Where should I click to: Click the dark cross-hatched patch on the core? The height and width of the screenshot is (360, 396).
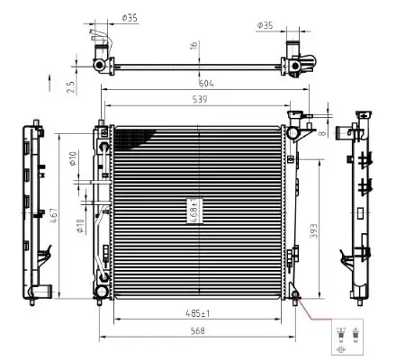point(130,138)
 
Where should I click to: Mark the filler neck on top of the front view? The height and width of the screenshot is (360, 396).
point(294,117)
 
